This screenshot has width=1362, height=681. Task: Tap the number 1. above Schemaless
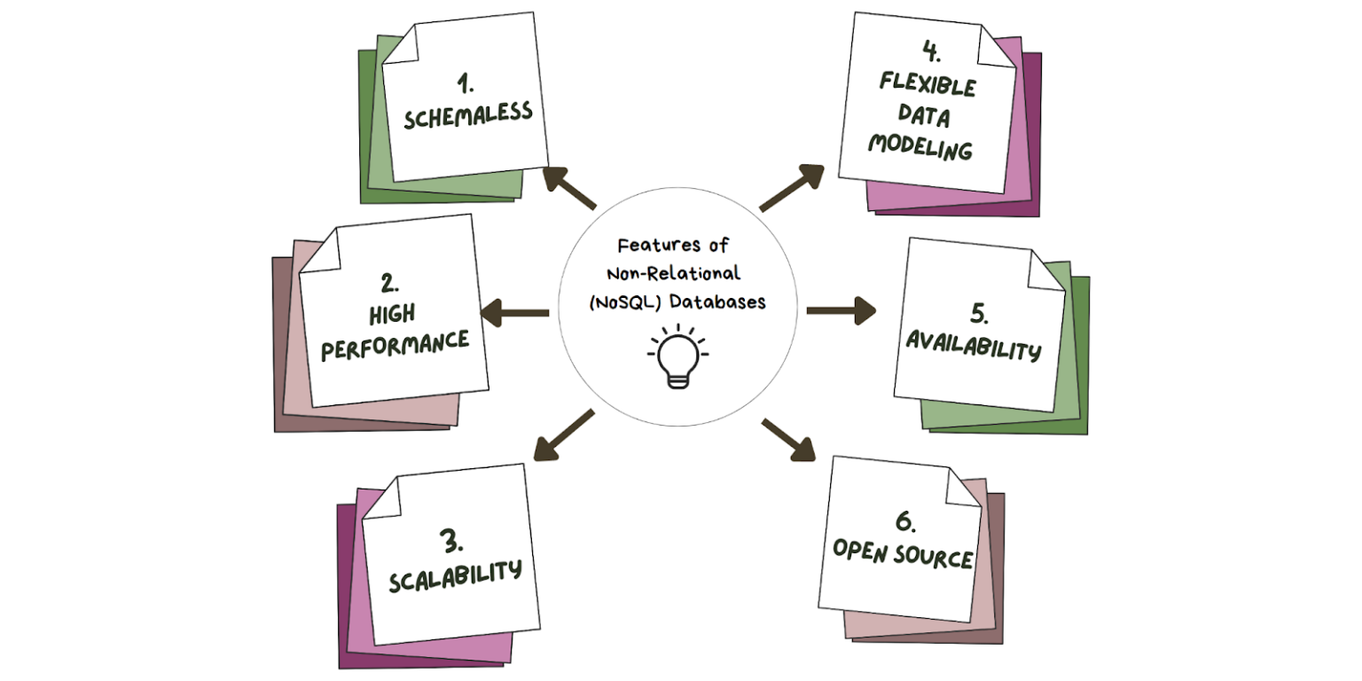465,86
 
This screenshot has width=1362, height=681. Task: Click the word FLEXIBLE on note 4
928,87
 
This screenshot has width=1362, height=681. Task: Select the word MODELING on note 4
920,147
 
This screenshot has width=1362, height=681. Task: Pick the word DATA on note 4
923,116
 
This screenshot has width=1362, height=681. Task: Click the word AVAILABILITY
972,348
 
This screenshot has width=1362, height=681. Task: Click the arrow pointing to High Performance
514,312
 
